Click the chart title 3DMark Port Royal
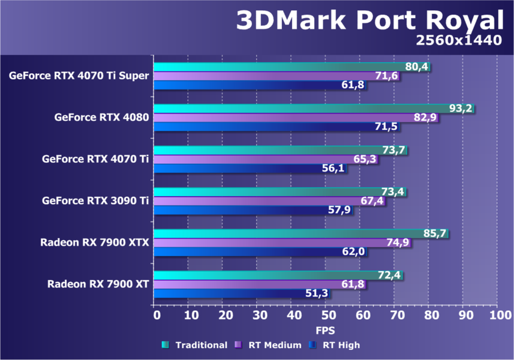(x=369, y=21)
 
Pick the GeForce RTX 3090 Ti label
(x=95, y=201)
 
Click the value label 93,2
(x=461, y=109)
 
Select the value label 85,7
(x=435, y=233)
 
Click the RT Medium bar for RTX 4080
(x=288, y=118)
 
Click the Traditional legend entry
(x=194, y=345)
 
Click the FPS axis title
(x=326, y=331)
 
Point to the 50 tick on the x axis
(x=326, y=315)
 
